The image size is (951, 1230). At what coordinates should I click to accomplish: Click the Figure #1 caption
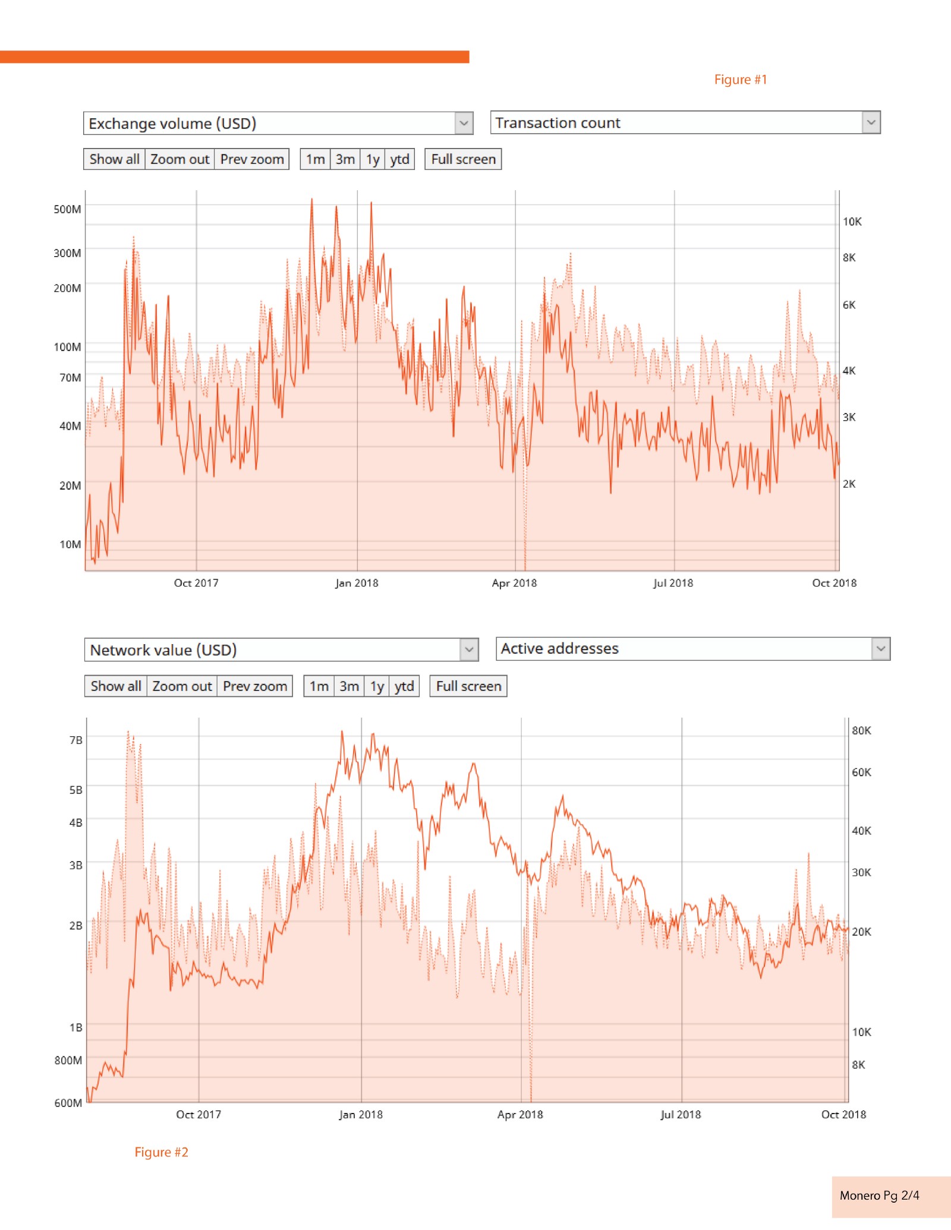click(x=740, y=80)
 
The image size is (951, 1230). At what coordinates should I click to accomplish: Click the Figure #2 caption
click(x=161, y=1152)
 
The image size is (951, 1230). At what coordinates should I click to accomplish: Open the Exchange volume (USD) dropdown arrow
click(x=464, y=124)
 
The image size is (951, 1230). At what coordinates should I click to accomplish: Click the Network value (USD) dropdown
click(x=273, y=650)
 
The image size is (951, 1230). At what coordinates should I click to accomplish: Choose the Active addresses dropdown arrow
click(x=881, y=649)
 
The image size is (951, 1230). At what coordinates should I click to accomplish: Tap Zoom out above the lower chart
click(x=182, y=686)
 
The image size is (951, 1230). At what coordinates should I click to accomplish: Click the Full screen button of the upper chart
click(x=463, y=159)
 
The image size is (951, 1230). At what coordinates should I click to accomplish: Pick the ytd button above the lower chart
click(x=404, y=686)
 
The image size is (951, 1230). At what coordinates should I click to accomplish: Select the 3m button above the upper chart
click(x=345, y=159)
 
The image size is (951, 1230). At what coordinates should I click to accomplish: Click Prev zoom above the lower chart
click(x=255, y=686)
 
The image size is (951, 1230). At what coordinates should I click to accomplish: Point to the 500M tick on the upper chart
click(x=67, y=209)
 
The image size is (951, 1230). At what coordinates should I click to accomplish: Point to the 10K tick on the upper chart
click(x=852, y=222)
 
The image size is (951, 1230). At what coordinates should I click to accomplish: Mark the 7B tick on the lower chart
click(x=75, y=740)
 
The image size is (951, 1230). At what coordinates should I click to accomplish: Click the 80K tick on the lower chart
click(x=861, y=730)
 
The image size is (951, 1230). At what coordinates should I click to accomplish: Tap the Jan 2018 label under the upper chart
click(x=357, y=583)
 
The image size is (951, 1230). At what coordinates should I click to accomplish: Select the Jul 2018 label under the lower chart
click(x=681, y=1115)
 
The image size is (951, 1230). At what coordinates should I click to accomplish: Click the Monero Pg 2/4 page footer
click(x=879, y=1196)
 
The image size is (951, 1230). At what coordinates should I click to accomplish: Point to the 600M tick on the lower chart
click(x=68, y=1103)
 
